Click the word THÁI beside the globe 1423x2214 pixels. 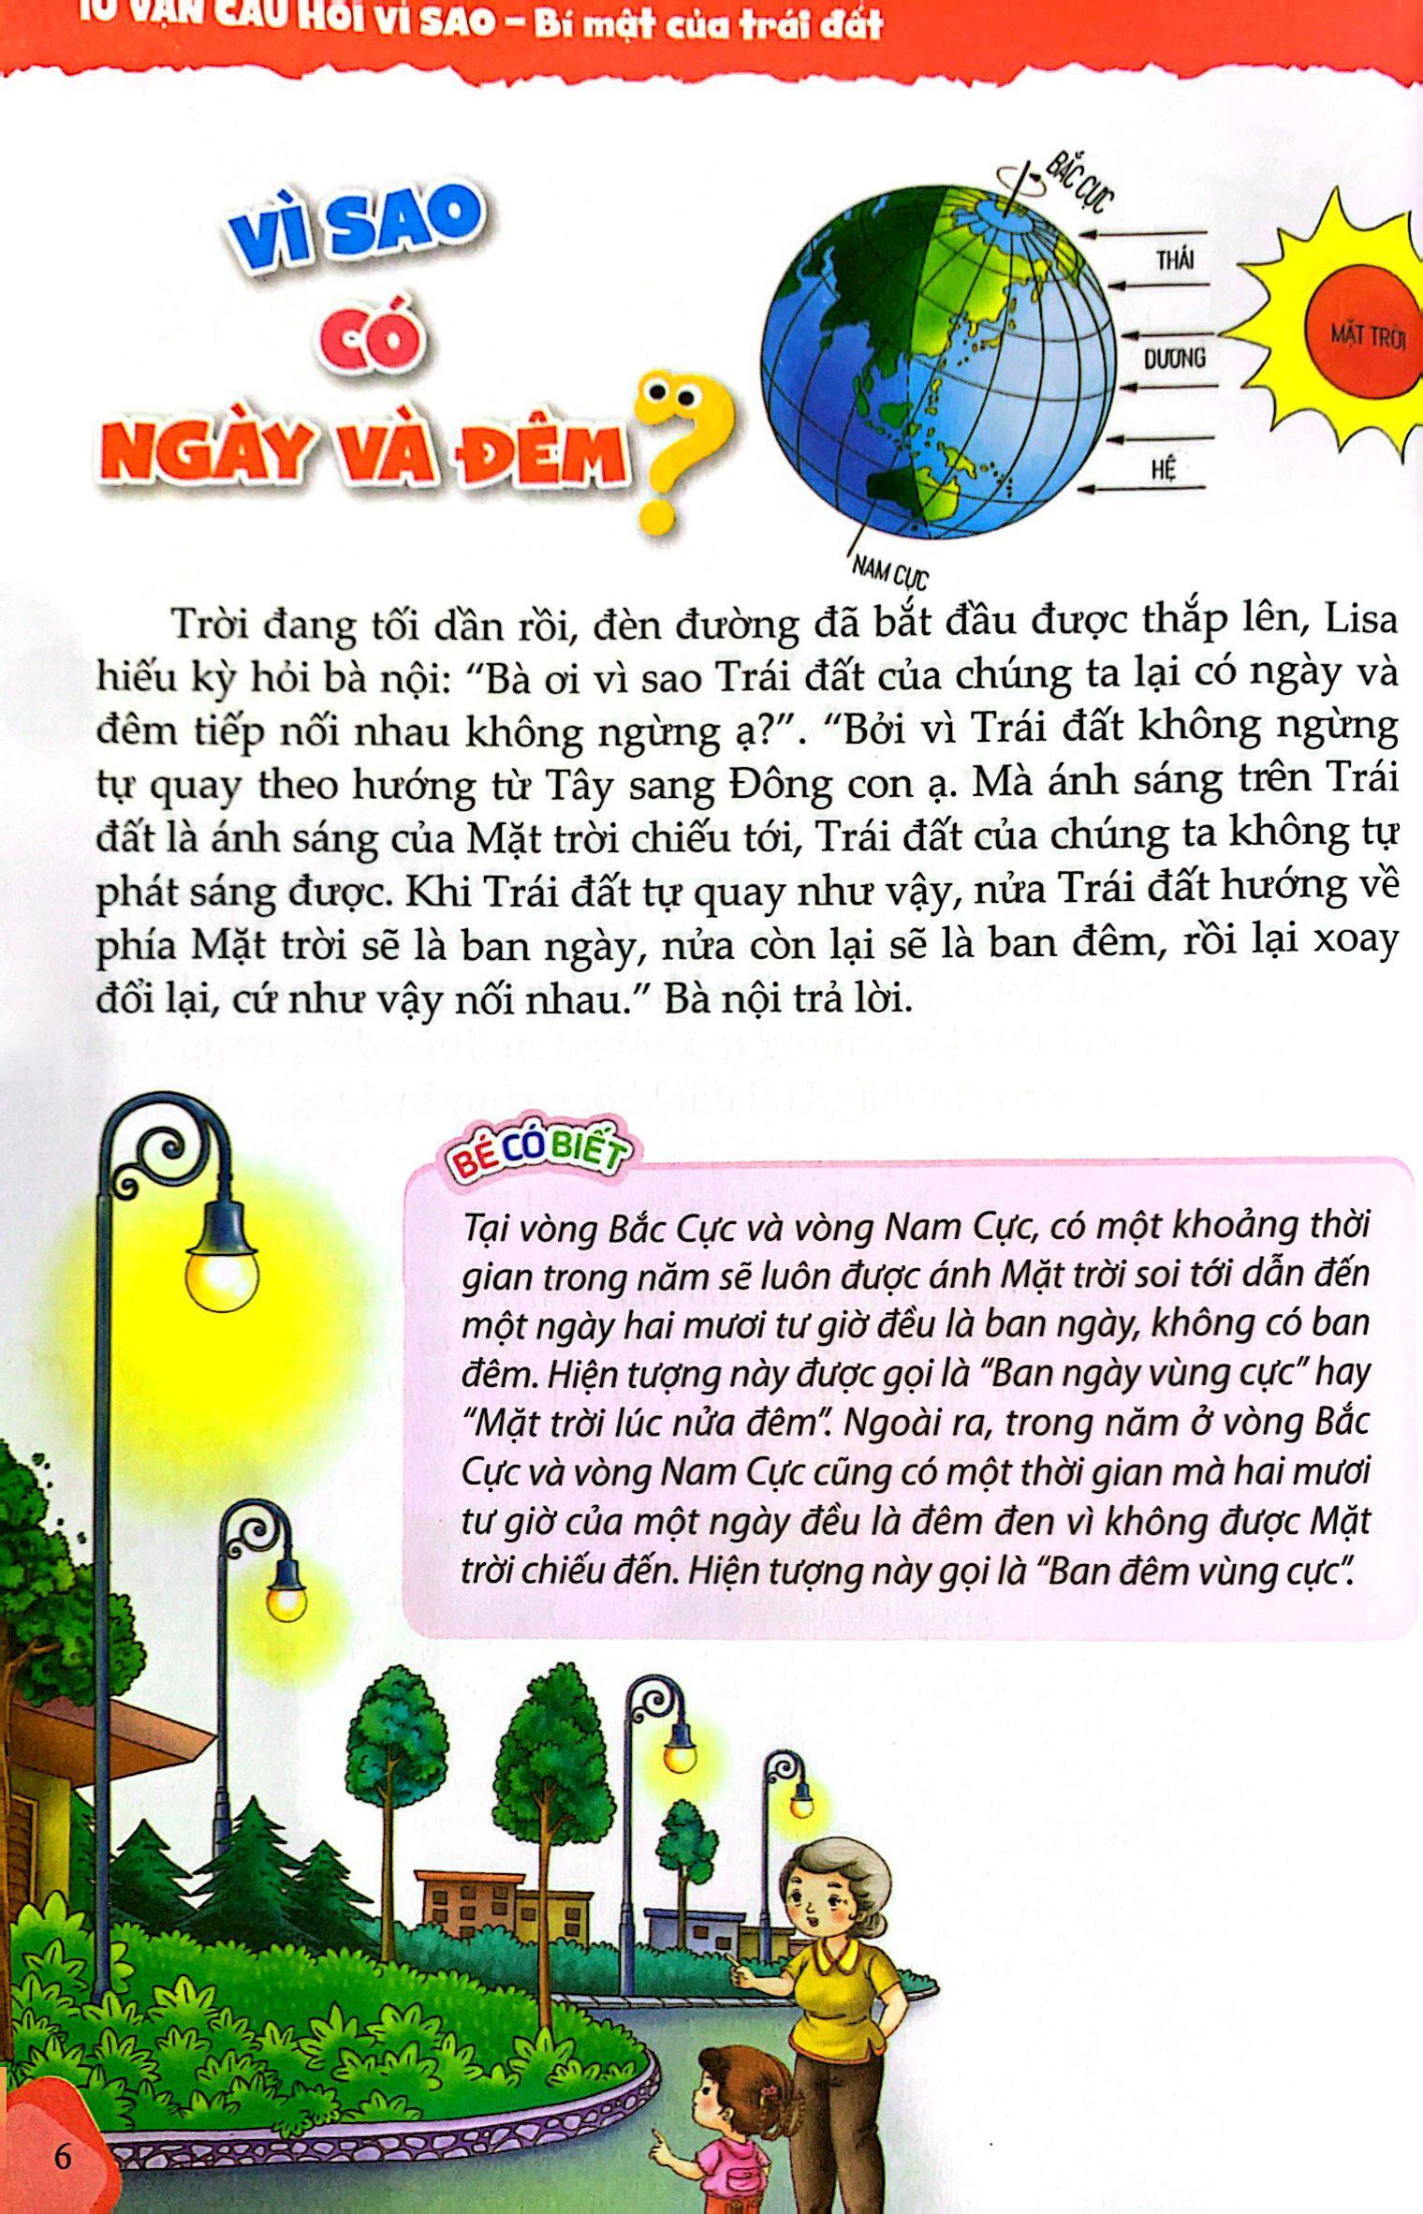point(1174,260)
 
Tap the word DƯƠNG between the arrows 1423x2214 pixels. point(1174,359)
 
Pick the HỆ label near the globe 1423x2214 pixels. point(1163,468)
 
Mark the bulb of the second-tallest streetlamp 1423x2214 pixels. point(286,1601)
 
